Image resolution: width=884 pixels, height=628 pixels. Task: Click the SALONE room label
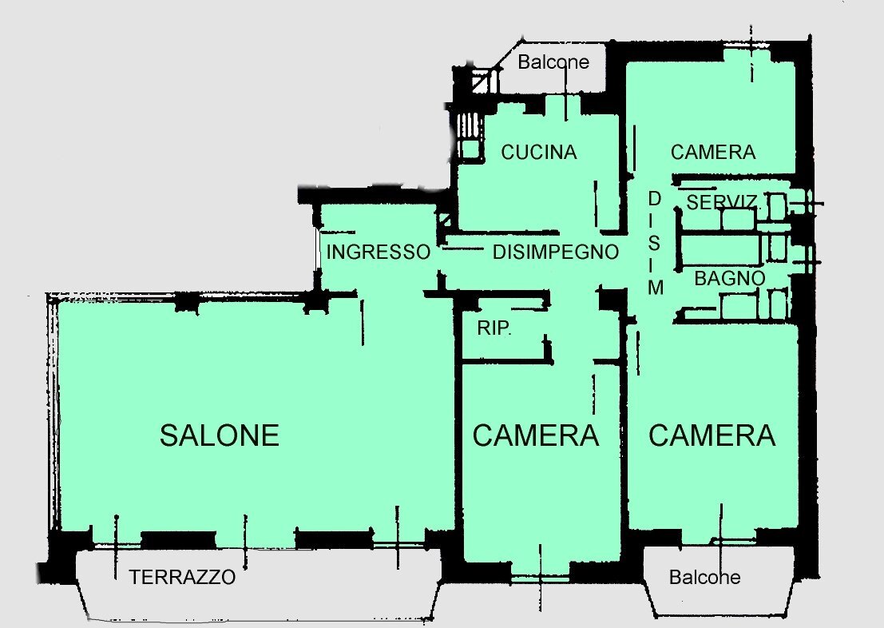pos(220,435)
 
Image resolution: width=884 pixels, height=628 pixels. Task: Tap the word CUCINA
pos(539,152)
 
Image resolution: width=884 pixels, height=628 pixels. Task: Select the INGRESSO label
pos(379,252)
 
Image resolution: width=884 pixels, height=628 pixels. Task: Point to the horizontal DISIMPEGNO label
pos(556,252)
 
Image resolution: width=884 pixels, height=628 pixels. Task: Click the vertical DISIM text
pos(655,243)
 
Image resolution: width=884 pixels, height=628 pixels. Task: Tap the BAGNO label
pos(730,279)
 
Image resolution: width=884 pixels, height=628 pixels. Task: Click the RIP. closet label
pos(494,328)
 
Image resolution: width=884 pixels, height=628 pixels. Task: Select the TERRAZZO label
pos(183,577)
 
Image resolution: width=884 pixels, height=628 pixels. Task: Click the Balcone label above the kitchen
pos(553,62)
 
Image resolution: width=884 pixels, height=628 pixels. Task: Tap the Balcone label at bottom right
pos(705,577)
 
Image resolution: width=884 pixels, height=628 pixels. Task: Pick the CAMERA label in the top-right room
pos(713,152)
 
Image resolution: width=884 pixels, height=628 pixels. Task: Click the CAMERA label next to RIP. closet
pos(536,435)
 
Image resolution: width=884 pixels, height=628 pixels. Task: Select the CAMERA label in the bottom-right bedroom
pos(712,435)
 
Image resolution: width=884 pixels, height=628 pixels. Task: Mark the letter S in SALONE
pos(168,435)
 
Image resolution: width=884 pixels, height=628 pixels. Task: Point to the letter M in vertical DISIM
pos(656,288)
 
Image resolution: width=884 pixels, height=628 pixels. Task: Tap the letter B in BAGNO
pos(700,279)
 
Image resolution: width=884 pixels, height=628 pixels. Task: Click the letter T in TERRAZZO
pos(135,577)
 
